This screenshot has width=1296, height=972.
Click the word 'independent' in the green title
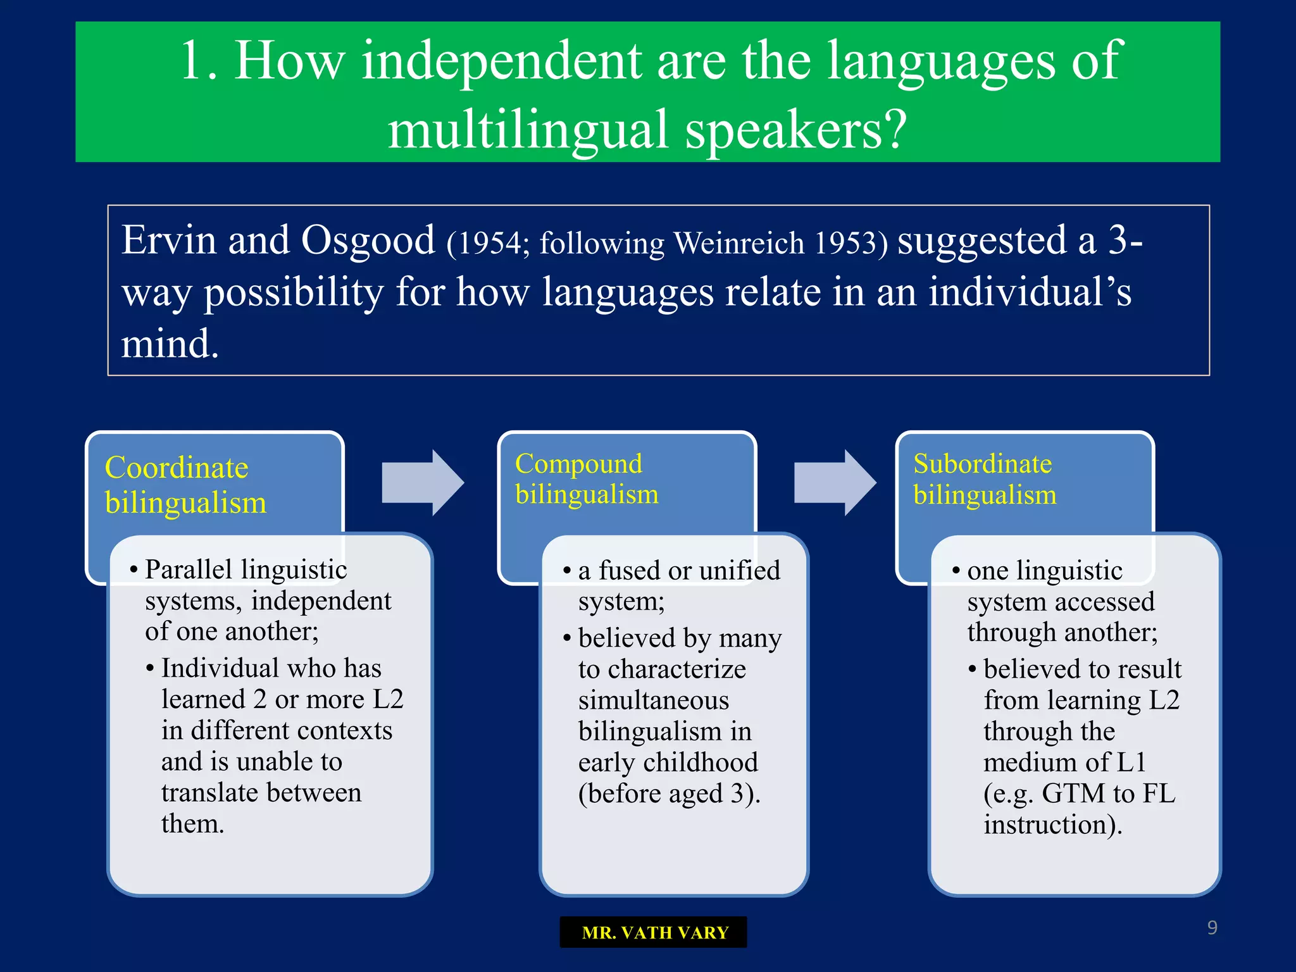[x=501, y=61]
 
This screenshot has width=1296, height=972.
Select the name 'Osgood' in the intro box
[x=368, y=240]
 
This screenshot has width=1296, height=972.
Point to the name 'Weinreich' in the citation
[x=738, y=244]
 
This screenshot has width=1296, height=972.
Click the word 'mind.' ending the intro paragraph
[x=170, y=344]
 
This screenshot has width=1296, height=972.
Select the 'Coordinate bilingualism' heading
[x=185, y=485]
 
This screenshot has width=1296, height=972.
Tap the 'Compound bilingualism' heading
[x=586, y=479]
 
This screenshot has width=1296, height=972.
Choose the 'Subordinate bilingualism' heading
[x=984, y=479]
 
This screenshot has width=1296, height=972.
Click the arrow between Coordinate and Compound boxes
[x=423, y=483]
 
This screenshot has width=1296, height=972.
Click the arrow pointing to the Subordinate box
[x=835, y=483]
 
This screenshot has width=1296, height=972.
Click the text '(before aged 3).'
[x=669, y=794]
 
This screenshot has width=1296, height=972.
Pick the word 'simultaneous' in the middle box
[x=653, y=701]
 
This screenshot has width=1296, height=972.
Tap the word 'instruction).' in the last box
[x=1052, y=825]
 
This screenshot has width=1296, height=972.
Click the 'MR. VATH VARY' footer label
[x=654, y=933]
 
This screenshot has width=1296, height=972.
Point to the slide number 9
[x=1212, y=928]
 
